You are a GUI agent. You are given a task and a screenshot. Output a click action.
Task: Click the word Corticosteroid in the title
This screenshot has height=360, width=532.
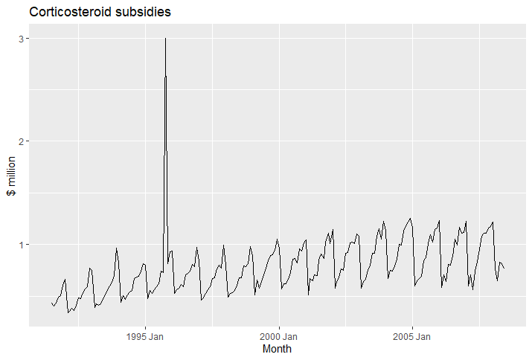point(71,12)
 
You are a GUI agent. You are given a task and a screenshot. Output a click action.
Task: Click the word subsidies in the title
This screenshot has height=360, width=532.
point(143,12)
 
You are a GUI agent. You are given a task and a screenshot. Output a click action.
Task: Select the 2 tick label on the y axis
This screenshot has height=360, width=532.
point(22,141)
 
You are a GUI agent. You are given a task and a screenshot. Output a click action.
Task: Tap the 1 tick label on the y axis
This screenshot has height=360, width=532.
point(22,245)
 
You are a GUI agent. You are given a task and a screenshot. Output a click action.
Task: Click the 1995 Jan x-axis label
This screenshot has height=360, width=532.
point(145,337)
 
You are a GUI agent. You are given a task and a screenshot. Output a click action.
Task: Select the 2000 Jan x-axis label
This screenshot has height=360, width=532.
point(278,337)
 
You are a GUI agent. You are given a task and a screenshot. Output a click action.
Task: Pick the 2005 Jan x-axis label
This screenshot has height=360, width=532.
point(412,337)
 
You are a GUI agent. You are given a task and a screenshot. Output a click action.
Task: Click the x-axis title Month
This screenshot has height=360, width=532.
point(277,349)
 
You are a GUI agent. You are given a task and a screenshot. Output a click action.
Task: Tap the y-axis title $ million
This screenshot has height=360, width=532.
point(11,176)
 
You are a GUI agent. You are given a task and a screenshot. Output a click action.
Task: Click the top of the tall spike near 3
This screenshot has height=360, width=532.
point(166,39)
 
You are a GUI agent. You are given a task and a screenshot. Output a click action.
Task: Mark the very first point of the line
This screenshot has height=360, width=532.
point(51,303)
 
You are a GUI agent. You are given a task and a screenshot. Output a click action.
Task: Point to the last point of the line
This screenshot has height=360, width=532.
point(504,269)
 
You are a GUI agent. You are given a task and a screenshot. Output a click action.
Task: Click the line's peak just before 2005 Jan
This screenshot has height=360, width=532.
point(411,218)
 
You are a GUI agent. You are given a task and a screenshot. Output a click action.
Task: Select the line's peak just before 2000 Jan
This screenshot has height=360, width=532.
point(278,240)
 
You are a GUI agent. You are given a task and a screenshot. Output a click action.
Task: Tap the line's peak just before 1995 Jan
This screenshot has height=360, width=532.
point(143,263)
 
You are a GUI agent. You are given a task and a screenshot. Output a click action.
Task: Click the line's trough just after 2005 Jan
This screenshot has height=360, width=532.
point(414,286)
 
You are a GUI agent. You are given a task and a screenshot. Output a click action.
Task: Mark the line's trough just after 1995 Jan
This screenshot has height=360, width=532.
point(147,298)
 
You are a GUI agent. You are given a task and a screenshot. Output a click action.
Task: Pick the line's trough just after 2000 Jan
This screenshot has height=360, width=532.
point(281,289)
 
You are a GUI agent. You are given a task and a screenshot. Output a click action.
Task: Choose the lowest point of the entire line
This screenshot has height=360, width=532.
point(68,312)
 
